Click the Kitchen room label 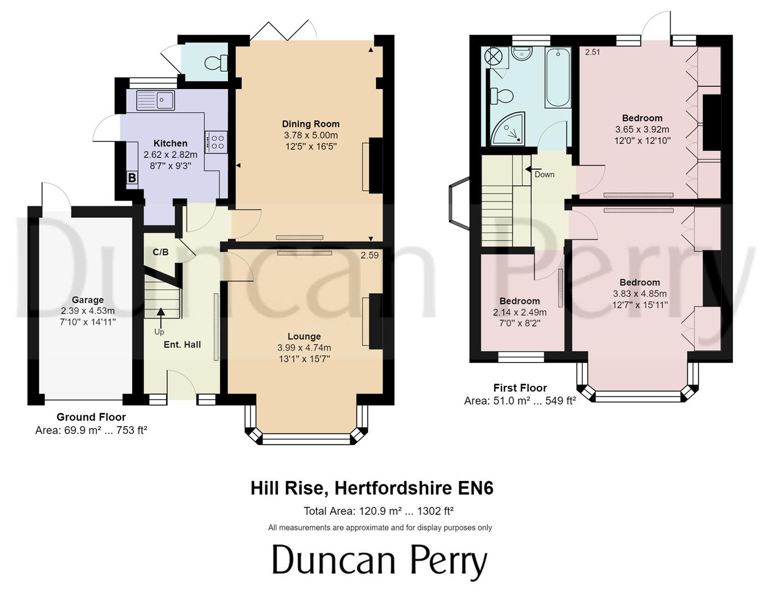click(x=170, y=143)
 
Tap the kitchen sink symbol click(x=156, y=100)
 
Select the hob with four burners click(x=216, y=141)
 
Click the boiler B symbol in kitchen click(x=132, y=178)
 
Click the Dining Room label click(x=310, y=124)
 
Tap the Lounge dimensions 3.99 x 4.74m click(x=304, y=348)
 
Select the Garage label click(x=87, y=300)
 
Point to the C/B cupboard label click(x=160, y=252)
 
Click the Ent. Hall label click(x=182, y=344)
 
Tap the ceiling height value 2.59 click(x=370, y=255)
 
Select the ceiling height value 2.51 click(x=593, y=53)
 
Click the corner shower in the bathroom click(x=507, y=129)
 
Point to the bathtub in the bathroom click(x=558, y=77)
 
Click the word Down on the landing click(x=544, y=175)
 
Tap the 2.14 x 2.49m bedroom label click(x=519, y=312)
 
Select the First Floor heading click(x=520, y=388)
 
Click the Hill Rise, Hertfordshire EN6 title click(x=372, y=488)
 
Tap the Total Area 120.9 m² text click(x=379, y=511)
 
